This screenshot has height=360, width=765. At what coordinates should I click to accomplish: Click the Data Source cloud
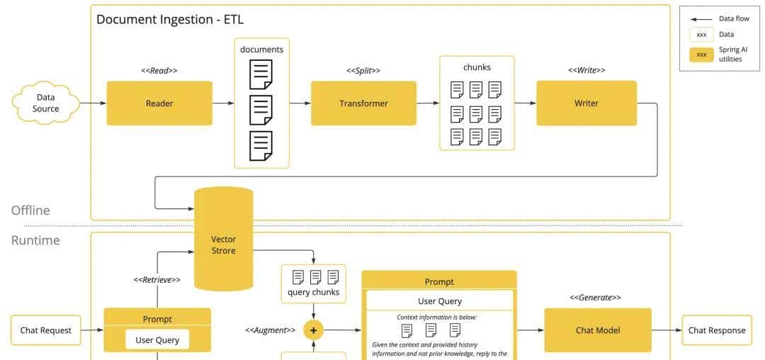[x=46, y=103]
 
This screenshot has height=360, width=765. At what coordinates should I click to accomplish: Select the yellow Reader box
[x=159, y=103]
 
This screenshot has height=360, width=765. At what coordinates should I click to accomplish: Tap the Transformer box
[x=363, y=103]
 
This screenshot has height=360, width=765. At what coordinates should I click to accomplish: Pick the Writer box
[x=586, y=103]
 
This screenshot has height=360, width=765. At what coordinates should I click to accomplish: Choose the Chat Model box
[x=598, y=330]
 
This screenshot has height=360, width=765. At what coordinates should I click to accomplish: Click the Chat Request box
[x=46, y=330]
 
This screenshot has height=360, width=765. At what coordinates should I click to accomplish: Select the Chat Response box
[x=717, y=330]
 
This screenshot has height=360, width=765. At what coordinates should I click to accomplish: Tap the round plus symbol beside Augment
[x=313, y=330]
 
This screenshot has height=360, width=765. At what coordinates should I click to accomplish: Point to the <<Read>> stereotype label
[x=159, y=71]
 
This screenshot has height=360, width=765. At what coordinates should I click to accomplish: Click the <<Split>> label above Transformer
[x=363, y=71]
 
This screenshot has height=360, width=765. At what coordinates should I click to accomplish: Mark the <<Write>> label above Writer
[x=586, y=71]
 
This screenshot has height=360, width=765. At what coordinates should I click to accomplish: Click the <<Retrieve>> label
[x=157, y=280]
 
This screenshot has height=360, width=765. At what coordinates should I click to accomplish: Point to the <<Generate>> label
[x=596, y=298]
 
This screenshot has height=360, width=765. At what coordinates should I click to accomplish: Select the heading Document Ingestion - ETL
[x=170, y=19]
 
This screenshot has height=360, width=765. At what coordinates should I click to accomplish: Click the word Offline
[x=30, y=210]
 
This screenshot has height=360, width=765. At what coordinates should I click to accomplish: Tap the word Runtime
[x=35, y=240]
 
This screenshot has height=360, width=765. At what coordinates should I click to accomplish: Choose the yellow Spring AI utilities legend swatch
[x=701, y=55]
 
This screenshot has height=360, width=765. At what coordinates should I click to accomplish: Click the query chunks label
[x=313, y=292]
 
